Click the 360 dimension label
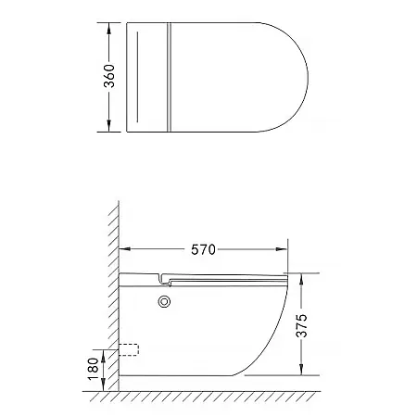pos(109,76)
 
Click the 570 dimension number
pos(203,249)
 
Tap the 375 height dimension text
pos(301,325)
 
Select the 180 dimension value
pos(93,370)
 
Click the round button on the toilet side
pos(164,302)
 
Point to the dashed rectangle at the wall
pos(129,349)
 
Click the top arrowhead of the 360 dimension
pos(108,29)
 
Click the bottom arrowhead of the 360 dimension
pos(108,126)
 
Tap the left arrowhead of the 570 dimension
pos(125,249)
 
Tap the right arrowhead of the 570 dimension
pos(282,249)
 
